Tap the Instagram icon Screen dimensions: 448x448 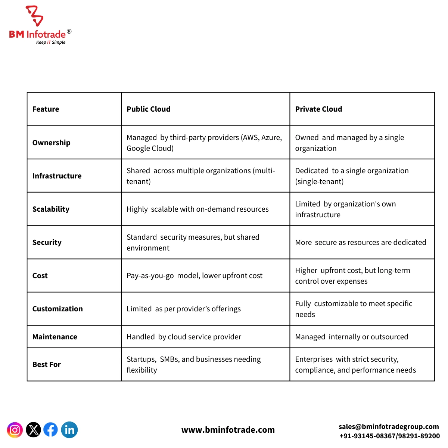point(15,430)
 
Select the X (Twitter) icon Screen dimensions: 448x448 point(33,430)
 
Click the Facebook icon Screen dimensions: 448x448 point(51,430)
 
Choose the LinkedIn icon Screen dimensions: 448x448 point(69,430)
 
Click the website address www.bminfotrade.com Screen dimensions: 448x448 point(228,430)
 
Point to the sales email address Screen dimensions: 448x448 point(389,426)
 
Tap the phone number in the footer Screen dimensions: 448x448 point(389,436)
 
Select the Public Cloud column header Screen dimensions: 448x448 point(149,109)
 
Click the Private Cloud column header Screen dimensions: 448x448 point(318,109)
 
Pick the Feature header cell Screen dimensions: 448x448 point(46,109)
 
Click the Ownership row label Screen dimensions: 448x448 point(51,143)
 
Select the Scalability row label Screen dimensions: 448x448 point(51,209)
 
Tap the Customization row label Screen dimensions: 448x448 point(57,309)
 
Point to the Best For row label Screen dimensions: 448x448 point(46,364)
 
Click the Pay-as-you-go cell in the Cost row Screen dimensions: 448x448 point(195,276)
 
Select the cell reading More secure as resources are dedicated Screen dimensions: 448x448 point(361,242)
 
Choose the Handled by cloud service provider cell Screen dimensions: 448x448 point(184,337)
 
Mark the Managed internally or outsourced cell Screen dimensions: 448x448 point(352,337)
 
